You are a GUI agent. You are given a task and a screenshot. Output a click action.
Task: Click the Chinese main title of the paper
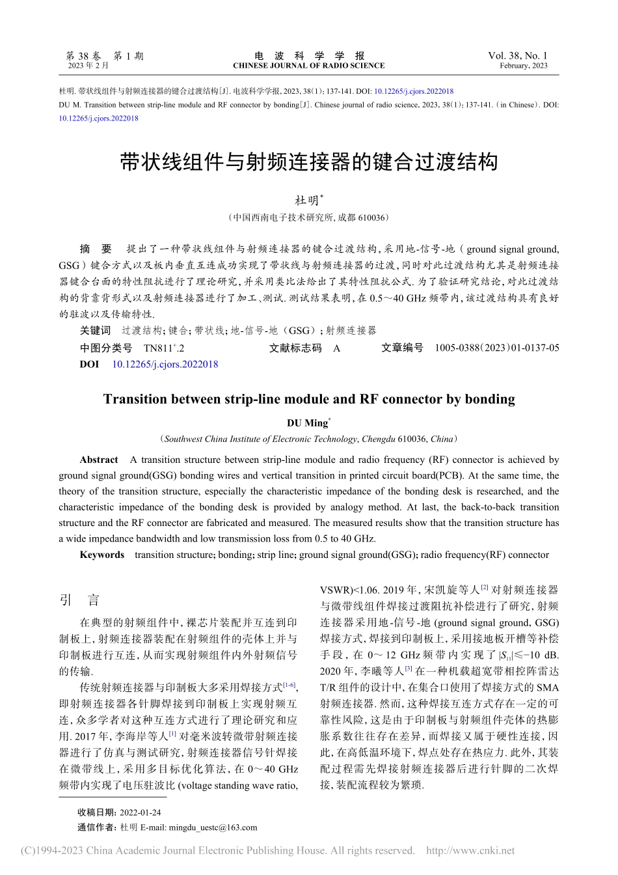click(x=308, y=162)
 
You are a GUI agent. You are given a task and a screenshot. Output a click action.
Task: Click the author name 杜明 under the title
click(x=306, y=201)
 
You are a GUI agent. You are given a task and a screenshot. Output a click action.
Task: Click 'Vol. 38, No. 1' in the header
click(x=517, y=56)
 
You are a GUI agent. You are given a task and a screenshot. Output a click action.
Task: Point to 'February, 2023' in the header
click(x=523, y=66)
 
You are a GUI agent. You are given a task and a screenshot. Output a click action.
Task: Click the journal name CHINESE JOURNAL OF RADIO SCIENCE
click(x=308, y=66)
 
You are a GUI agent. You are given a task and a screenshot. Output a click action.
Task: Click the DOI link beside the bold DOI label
click(x=165, y=365)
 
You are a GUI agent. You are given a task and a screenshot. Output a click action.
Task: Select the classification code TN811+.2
click(x=164, y=348)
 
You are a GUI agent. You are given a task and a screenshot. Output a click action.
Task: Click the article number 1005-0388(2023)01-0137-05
click(x=496, y=348)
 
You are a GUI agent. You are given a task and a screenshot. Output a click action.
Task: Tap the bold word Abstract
click(x=99, y=460)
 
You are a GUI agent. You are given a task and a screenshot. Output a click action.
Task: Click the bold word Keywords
click(x=101, y=555)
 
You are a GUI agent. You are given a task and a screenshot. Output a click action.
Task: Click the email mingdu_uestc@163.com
click(x=213, y=827)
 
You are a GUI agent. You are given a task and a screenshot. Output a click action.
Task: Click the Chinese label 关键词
click(x=95, y=331)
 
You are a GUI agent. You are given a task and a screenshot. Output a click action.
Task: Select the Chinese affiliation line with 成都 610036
click(x=308, y=218)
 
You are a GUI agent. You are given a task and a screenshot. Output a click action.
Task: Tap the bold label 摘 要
click(x=96, y=249)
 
